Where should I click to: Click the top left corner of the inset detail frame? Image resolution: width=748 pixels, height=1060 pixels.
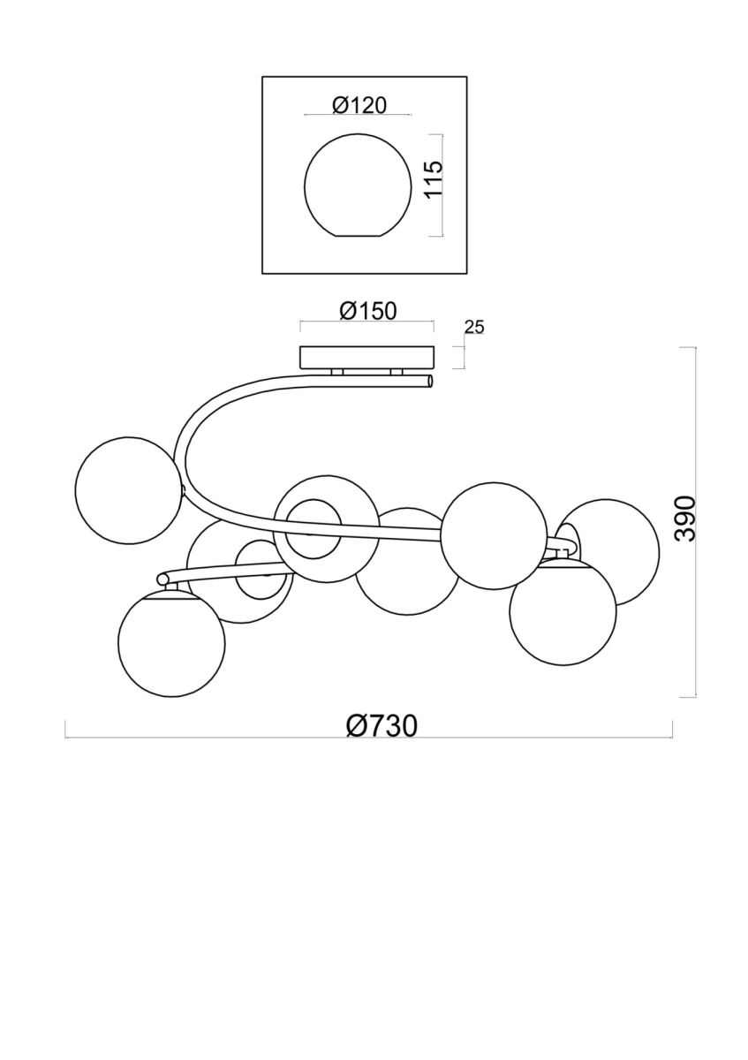tap(262, 77)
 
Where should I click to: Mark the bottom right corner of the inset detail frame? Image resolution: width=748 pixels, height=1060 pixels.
tap(467, 274)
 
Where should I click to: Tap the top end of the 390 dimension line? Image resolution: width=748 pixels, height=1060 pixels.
tap(696, 347)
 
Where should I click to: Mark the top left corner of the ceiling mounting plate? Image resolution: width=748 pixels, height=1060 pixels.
tap(301, 347)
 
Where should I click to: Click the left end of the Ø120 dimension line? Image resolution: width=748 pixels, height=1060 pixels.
tap(304, 115)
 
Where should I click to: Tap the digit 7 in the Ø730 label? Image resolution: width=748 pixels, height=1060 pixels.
tap(370, 725)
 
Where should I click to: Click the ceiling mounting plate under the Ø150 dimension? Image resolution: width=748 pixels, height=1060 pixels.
tap(367, 358)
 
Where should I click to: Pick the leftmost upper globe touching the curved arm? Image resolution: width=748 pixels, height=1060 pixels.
tap(129, 490)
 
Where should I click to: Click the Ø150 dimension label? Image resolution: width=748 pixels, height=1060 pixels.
tap(367, 311)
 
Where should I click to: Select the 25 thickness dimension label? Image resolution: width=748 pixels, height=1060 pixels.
tap(474, 328)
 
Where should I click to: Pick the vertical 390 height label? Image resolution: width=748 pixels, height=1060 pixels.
tap(685, 519)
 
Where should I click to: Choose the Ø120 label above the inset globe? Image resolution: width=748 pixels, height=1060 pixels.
tap(359, 105)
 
